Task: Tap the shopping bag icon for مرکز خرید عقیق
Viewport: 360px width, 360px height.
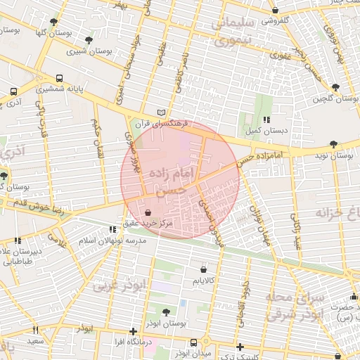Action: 148,212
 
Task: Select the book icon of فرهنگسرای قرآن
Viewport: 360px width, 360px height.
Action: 162,112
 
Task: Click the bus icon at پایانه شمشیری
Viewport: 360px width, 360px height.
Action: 59,78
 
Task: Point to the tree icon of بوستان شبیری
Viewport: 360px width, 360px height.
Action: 88,40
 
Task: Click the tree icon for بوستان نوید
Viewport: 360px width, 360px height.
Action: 333,144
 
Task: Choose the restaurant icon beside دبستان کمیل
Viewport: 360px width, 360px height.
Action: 266,120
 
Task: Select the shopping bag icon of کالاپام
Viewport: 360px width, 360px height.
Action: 203,269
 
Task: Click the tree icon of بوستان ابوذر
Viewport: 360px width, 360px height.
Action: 166,311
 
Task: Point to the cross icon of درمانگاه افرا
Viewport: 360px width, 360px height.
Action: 133,331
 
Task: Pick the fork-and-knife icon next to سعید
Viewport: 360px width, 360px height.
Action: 35,330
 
